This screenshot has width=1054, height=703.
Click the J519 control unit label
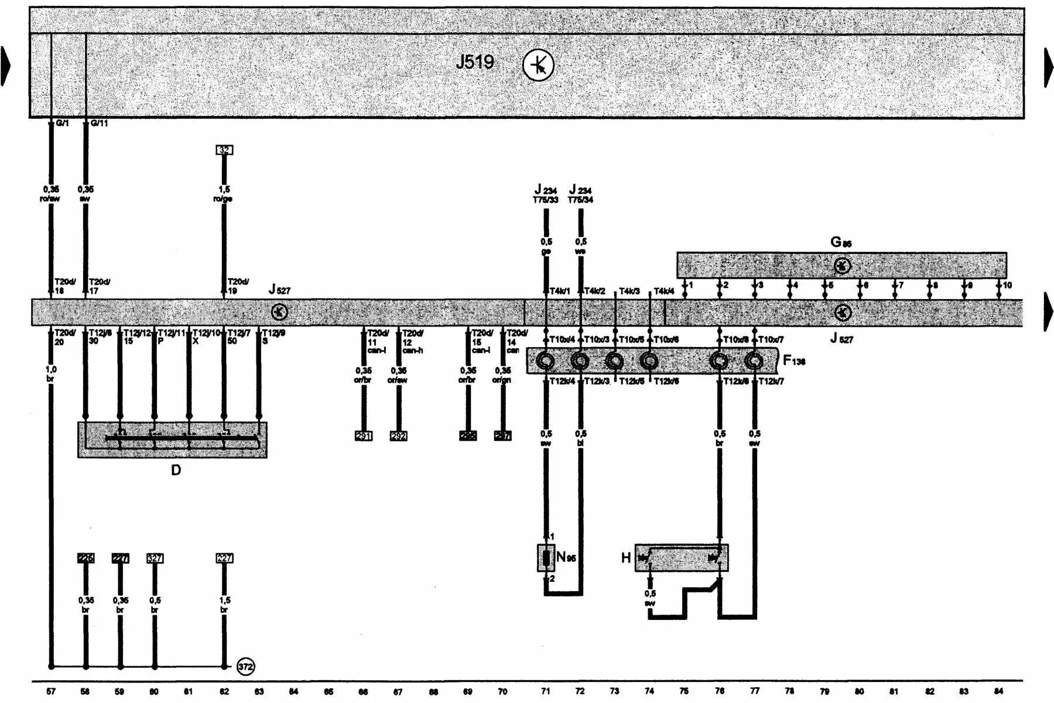(x=474, y=62)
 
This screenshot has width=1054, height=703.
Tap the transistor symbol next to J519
(x=538, y=65)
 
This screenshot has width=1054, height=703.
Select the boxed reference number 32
(x=224, y=150)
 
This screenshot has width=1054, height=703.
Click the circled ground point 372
(x=246, y=667)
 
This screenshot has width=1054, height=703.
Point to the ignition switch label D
(x=176, y=470)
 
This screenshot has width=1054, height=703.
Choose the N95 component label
(x=566, y=557)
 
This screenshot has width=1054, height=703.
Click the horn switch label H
(x=625, y=557)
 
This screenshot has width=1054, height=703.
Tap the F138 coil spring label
(x=794, y=361)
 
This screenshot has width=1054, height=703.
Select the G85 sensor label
(x=841, y=242)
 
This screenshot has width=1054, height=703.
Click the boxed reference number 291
(x=364, y=435)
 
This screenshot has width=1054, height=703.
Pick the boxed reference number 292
(x=398, y=435)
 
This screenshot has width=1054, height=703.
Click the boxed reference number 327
(x=155, y=558)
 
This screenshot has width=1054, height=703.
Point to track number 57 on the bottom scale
(x=51, y=691)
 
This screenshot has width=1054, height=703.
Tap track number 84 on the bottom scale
(x=999, y=691)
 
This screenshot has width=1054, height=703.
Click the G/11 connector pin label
(x=99, y=124)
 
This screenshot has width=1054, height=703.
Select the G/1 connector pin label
(x=62, y=124)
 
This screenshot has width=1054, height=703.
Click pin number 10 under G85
(x=1007, y=285)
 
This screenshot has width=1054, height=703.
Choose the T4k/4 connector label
(x=664, y=291)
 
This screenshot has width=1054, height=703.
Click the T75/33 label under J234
(x=545, y=200)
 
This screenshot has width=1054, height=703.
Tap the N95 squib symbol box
(x=546, y=557)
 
